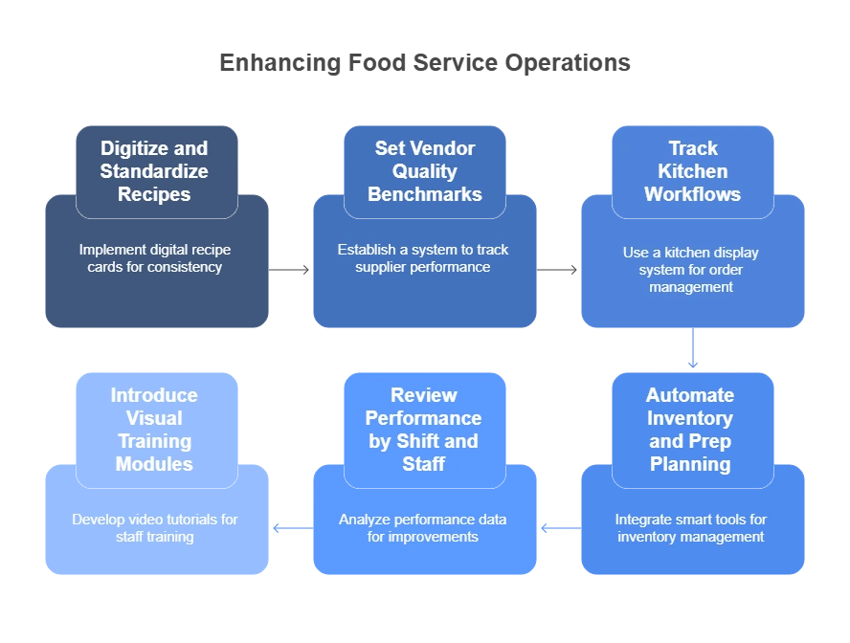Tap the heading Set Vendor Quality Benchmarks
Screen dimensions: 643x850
coord(424,171)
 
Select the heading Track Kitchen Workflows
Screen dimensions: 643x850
coord(692,171)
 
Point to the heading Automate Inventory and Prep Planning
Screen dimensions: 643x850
coord(690,430)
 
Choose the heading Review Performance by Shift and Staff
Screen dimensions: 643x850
coord(423,430)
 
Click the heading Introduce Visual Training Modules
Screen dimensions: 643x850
coord(154,430)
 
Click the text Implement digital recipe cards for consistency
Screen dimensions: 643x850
coord(154,258)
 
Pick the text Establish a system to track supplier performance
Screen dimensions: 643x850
coord(423,258)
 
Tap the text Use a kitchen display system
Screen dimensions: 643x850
coord(690,261)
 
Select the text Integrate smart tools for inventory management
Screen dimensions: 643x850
coord(690,528)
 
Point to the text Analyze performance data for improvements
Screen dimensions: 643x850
coord(423,528)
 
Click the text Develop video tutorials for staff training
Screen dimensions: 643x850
coord(154,528)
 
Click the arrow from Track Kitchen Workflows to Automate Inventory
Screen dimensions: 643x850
coord(691,350)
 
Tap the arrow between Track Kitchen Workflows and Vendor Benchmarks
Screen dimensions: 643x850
coord(558,272)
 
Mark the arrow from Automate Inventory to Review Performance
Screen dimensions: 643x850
coord(558,527)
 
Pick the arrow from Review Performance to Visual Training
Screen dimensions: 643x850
coord(291,527)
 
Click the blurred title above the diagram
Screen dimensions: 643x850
coord(424,65)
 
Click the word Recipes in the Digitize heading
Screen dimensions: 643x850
coord(154,194)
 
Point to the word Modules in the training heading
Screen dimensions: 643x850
coord(154,464)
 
